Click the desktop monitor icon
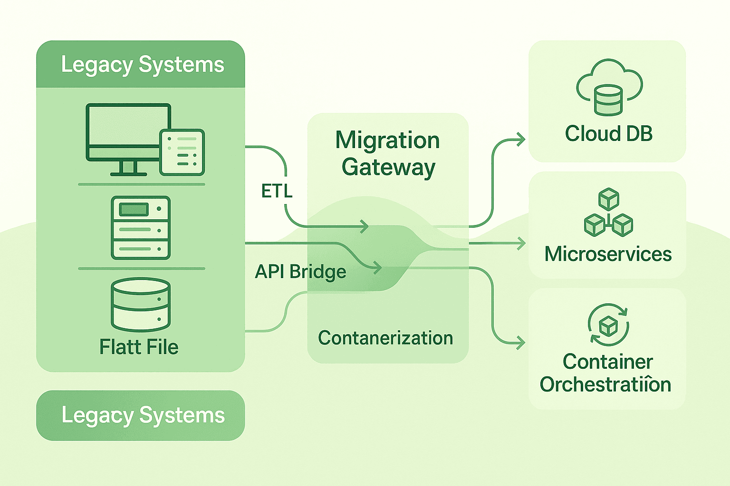pyautogui.click(x=125, y=135)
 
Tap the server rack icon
pyautogui.click(x=141, y=228)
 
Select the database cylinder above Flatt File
pyautogui.click(x=141, y=304)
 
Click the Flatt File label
pyautogui.click(x=139, y=347)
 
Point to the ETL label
pyautogui.click(x=277, y=191)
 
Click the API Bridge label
pyautogui.click(x=300, y=272)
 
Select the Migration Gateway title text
pyautogui.click(x=388, y=153)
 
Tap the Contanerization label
pyautogui.click(x=385, y=338)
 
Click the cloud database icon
pyautogui.click(x=609, y=87)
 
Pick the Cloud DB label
pyautogui.click(x=609, y=134)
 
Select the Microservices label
pyautogui.click(x=608, y=254)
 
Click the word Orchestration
pyautogui.click(x=605, y=384)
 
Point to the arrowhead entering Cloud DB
pyautogui.click(x=521, y=140)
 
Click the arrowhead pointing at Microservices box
pyautogui.click(x=522, y=243)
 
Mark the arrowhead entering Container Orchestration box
pyautogui.click(x=521, y=343)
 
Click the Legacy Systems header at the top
pyautogui.click(x=142, y=65)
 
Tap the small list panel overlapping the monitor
pyautogui.click(x=182, y=152)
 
